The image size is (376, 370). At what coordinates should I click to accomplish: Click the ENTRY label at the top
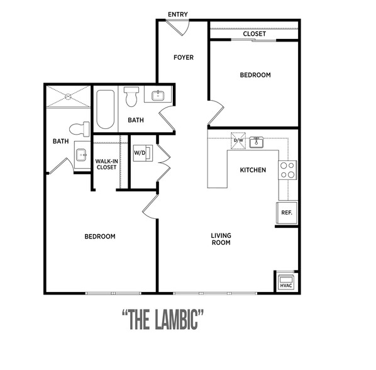[178, 14]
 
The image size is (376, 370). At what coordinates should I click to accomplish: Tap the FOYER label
[184, 57]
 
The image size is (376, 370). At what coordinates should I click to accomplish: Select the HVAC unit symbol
[286, 282]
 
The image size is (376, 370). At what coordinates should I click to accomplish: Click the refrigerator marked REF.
[287, 213]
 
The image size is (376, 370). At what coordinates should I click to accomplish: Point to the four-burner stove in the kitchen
[287, 170]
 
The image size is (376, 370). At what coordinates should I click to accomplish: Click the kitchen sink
[257, 142]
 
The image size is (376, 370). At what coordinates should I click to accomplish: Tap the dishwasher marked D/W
[238, 140]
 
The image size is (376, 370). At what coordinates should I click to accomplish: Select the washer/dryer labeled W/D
[143, 153]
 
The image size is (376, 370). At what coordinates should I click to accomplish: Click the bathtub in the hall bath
[105, 109]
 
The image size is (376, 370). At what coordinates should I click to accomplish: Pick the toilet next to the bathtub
[131, 97]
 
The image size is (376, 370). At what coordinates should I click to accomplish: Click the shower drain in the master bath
[68, 96]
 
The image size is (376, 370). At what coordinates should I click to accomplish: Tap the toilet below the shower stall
[79, 129]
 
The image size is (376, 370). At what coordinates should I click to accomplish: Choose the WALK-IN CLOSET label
[106, 164]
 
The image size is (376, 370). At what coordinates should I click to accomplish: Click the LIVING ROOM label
[221, 239]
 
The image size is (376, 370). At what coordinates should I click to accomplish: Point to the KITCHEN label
[253, 170]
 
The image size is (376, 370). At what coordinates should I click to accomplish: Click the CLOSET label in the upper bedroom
[255, 34]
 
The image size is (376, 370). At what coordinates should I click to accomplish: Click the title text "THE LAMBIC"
[163, 320]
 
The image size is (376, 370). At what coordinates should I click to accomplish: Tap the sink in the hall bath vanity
[158, 96]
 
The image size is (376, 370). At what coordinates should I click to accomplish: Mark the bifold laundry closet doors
[163, 163]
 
